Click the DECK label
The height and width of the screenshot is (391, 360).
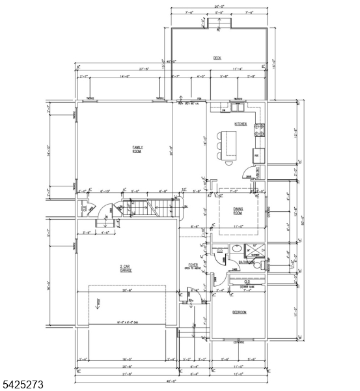(217, 58)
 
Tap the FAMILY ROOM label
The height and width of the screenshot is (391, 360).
(138, 149)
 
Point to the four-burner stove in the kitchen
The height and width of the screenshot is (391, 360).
(259, 129)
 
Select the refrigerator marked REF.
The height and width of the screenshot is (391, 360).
(256, 156)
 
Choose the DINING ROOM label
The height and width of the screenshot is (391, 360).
(238, 211)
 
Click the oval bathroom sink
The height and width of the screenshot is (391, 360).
(237, 249)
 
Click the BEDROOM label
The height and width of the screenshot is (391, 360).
(239, 312)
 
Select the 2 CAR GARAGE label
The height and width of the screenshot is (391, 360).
(126, 268)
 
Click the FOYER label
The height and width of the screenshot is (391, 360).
(193, 264)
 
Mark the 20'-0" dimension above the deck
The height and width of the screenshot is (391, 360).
(217, 7)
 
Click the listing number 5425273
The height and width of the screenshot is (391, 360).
(22, 385)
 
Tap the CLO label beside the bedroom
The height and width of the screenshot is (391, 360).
(247, 282)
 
